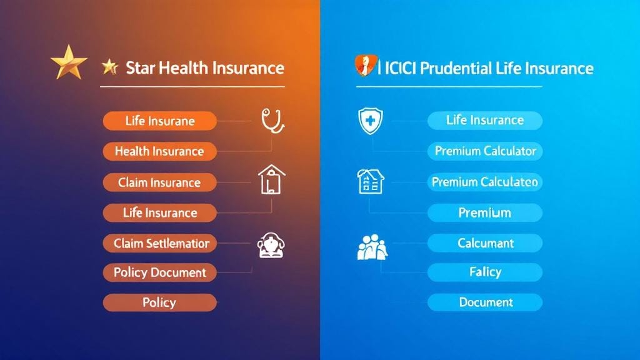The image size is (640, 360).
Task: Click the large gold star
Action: pos(69,63)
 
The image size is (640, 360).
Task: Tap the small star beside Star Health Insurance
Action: pos(110,66)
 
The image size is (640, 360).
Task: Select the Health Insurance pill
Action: pos(159,151)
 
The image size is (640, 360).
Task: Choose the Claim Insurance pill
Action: pos(159,182)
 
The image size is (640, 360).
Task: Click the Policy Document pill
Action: pos(159,272)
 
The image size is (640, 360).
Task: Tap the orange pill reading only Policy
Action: pos(159,302)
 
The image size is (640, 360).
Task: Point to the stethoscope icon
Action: pos(272,120)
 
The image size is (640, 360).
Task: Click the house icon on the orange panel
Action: pos(271,179)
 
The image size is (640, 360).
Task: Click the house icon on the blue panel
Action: pos(370,181)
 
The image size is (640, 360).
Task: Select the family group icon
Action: pos(372,246)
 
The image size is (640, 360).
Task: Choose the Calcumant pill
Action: pos(485,242)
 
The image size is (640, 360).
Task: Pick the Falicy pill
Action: pos(485,272)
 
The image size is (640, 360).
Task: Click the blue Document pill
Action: pos(485,302)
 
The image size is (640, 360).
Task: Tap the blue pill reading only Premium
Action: pos(485,212)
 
